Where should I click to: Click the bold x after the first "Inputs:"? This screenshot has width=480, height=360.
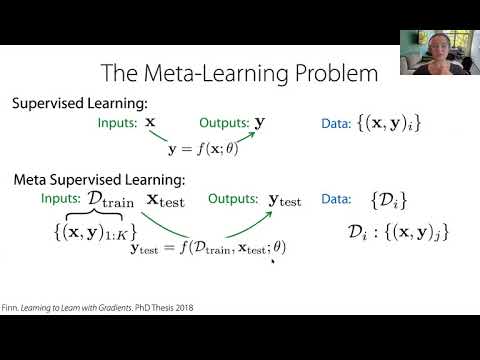151,122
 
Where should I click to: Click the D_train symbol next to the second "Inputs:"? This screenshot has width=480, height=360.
114,201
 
